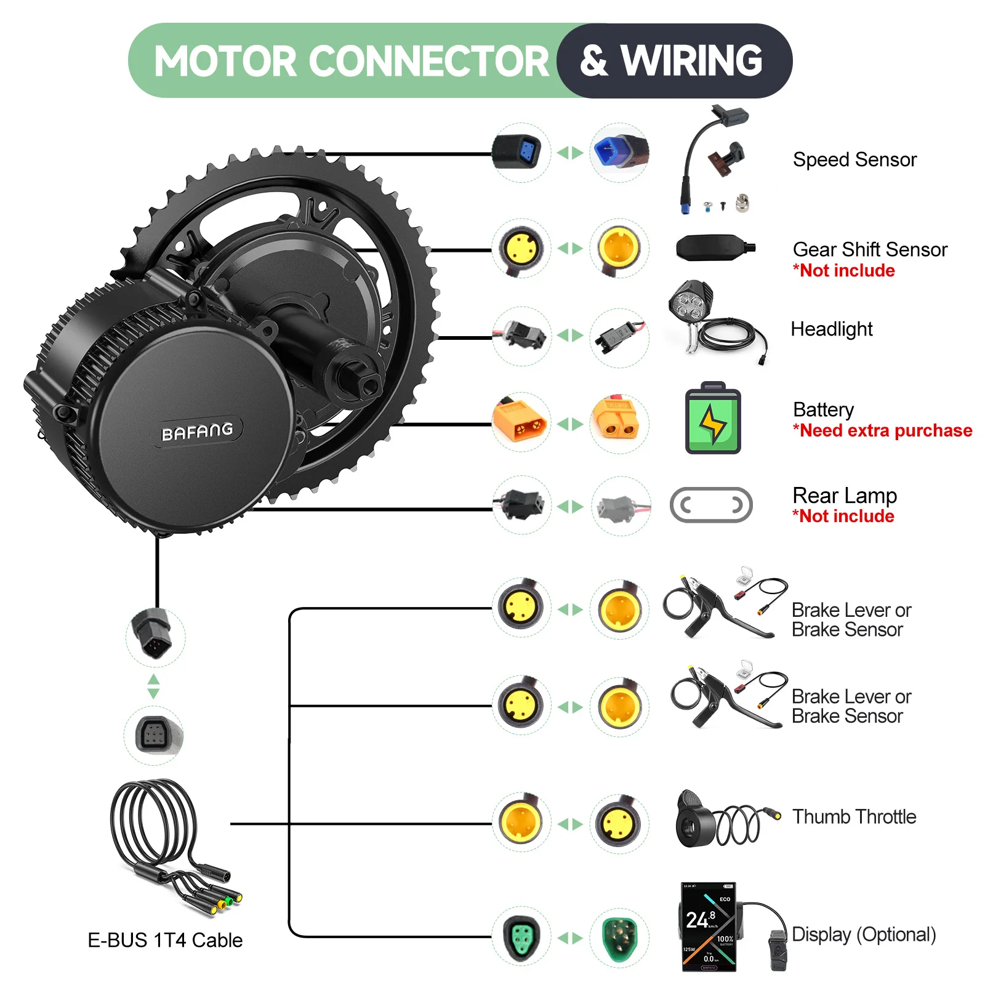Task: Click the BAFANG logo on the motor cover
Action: coord(197,432)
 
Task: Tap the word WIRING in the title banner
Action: coord(691,61)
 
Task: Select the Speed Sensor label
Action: coord(854,160)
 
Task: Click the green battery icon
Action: coord(713,421)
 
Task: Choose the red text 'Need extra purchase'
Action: coord(883,431)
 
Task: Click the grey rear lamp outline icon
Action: coord(711,505)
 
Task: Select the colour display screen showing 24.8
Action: coord(709,927)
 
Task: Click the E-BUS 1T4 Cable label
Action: coord(165,941)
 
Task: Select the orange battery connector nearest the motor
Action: coord(520,422)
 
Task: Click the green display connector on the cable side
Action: coord(521,937)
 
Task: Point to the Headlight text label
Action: coord(831,329)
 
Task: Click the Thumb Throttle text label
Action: coord(854,817)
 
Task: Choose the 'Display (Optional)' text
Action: coord(863,935)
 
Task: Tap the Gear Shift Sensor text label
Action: coord(869,250)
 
